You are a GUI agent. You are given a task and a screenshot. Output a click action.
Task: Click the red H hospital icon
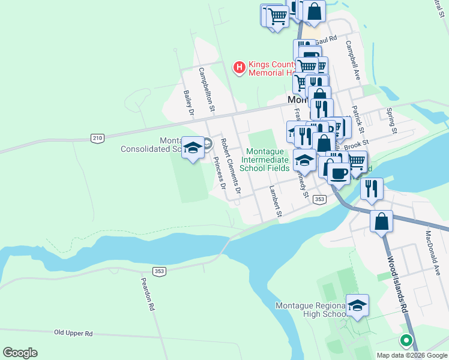[240, 67]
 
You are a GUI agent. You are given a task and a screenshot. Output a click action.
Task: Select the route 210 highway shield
[97, 139]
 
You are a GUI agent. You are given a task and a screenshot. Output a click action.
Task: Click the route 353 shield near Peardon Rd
[159, 271]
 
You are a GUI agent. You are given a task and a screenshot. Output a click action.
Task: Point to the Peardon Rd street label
[148, 293]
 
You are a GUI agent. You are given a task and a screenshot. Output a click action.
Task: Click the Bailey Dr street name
[188, 103]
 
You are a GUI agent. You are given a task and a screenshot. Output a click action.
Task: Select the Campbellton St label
[207, 91]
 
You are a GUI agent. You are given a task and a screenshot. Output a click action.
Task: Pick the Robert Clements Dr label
[230, 167]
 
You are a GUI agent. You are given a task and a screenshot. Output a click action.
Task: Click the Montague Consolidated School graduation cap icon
[193, 148]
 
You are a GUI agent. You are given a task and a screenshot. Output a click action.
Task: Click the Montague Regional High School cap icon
[357, 305]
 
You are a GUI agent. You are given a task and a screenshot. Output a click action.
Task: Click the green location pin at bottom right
[406, 341]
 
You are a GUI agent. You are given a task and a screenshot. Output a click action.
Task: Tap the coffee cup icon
[339, 173]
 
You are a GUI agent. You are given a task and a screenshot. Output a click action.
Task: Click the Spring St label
[391, 121]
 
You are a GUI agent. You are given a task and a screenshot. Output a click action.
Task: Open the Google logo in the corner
[20, 353]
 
